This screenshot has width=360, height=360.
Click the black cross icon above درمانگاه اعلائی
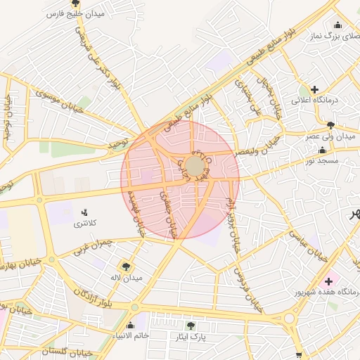tap(314, 90)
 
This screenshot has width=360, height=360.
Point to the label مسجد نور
tap(323, 161)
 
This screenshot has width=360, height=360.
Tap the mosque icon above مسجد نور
tap(323, 150)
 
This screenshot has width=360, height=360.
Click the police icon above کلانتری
tap(85, 212)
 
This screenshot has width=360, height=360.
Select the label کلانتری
tap(86, 224)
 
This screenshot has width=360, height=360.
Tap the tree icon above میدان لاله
tap(126, 266)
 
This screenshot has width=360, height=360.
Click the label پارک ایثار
tap(191, 337)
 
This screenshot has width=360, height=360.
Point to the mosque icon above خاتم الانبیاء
tap(130, 325)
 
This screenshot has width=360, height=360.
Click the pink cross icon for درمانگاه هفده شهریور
tap(328, 281)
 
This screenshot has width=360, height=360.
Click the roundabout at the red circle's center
tap(195, 167)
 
